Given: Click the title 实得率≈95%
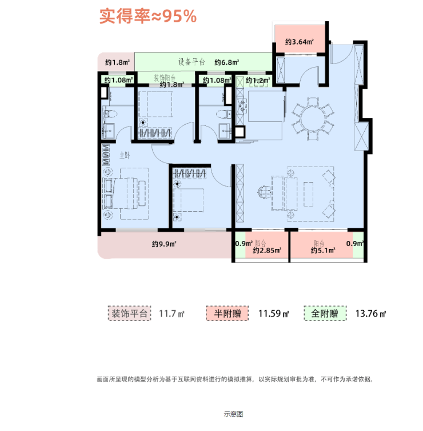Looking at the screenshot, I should pos(148,17).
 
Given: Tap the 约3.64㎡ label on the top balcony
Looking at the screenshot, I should pos(300,42).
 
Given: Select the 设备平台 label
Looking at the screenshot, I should pos(191,62).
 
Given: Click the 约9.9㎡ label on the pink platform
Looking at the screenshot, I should pos(164,244).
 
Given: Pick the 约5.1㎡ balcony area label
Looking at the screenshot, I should pos(322,250).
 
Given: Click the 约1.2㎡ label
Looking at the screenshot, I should pos(257,81).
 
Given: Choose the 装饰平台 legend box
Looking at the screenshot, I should pos(129,314).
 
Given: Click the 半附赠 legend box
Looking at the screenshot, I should pos(228,314).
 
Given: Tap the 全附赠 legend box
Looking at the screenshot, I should pos(325,314).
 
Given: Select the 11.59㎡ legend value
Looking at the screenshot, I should pos(274,314).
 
